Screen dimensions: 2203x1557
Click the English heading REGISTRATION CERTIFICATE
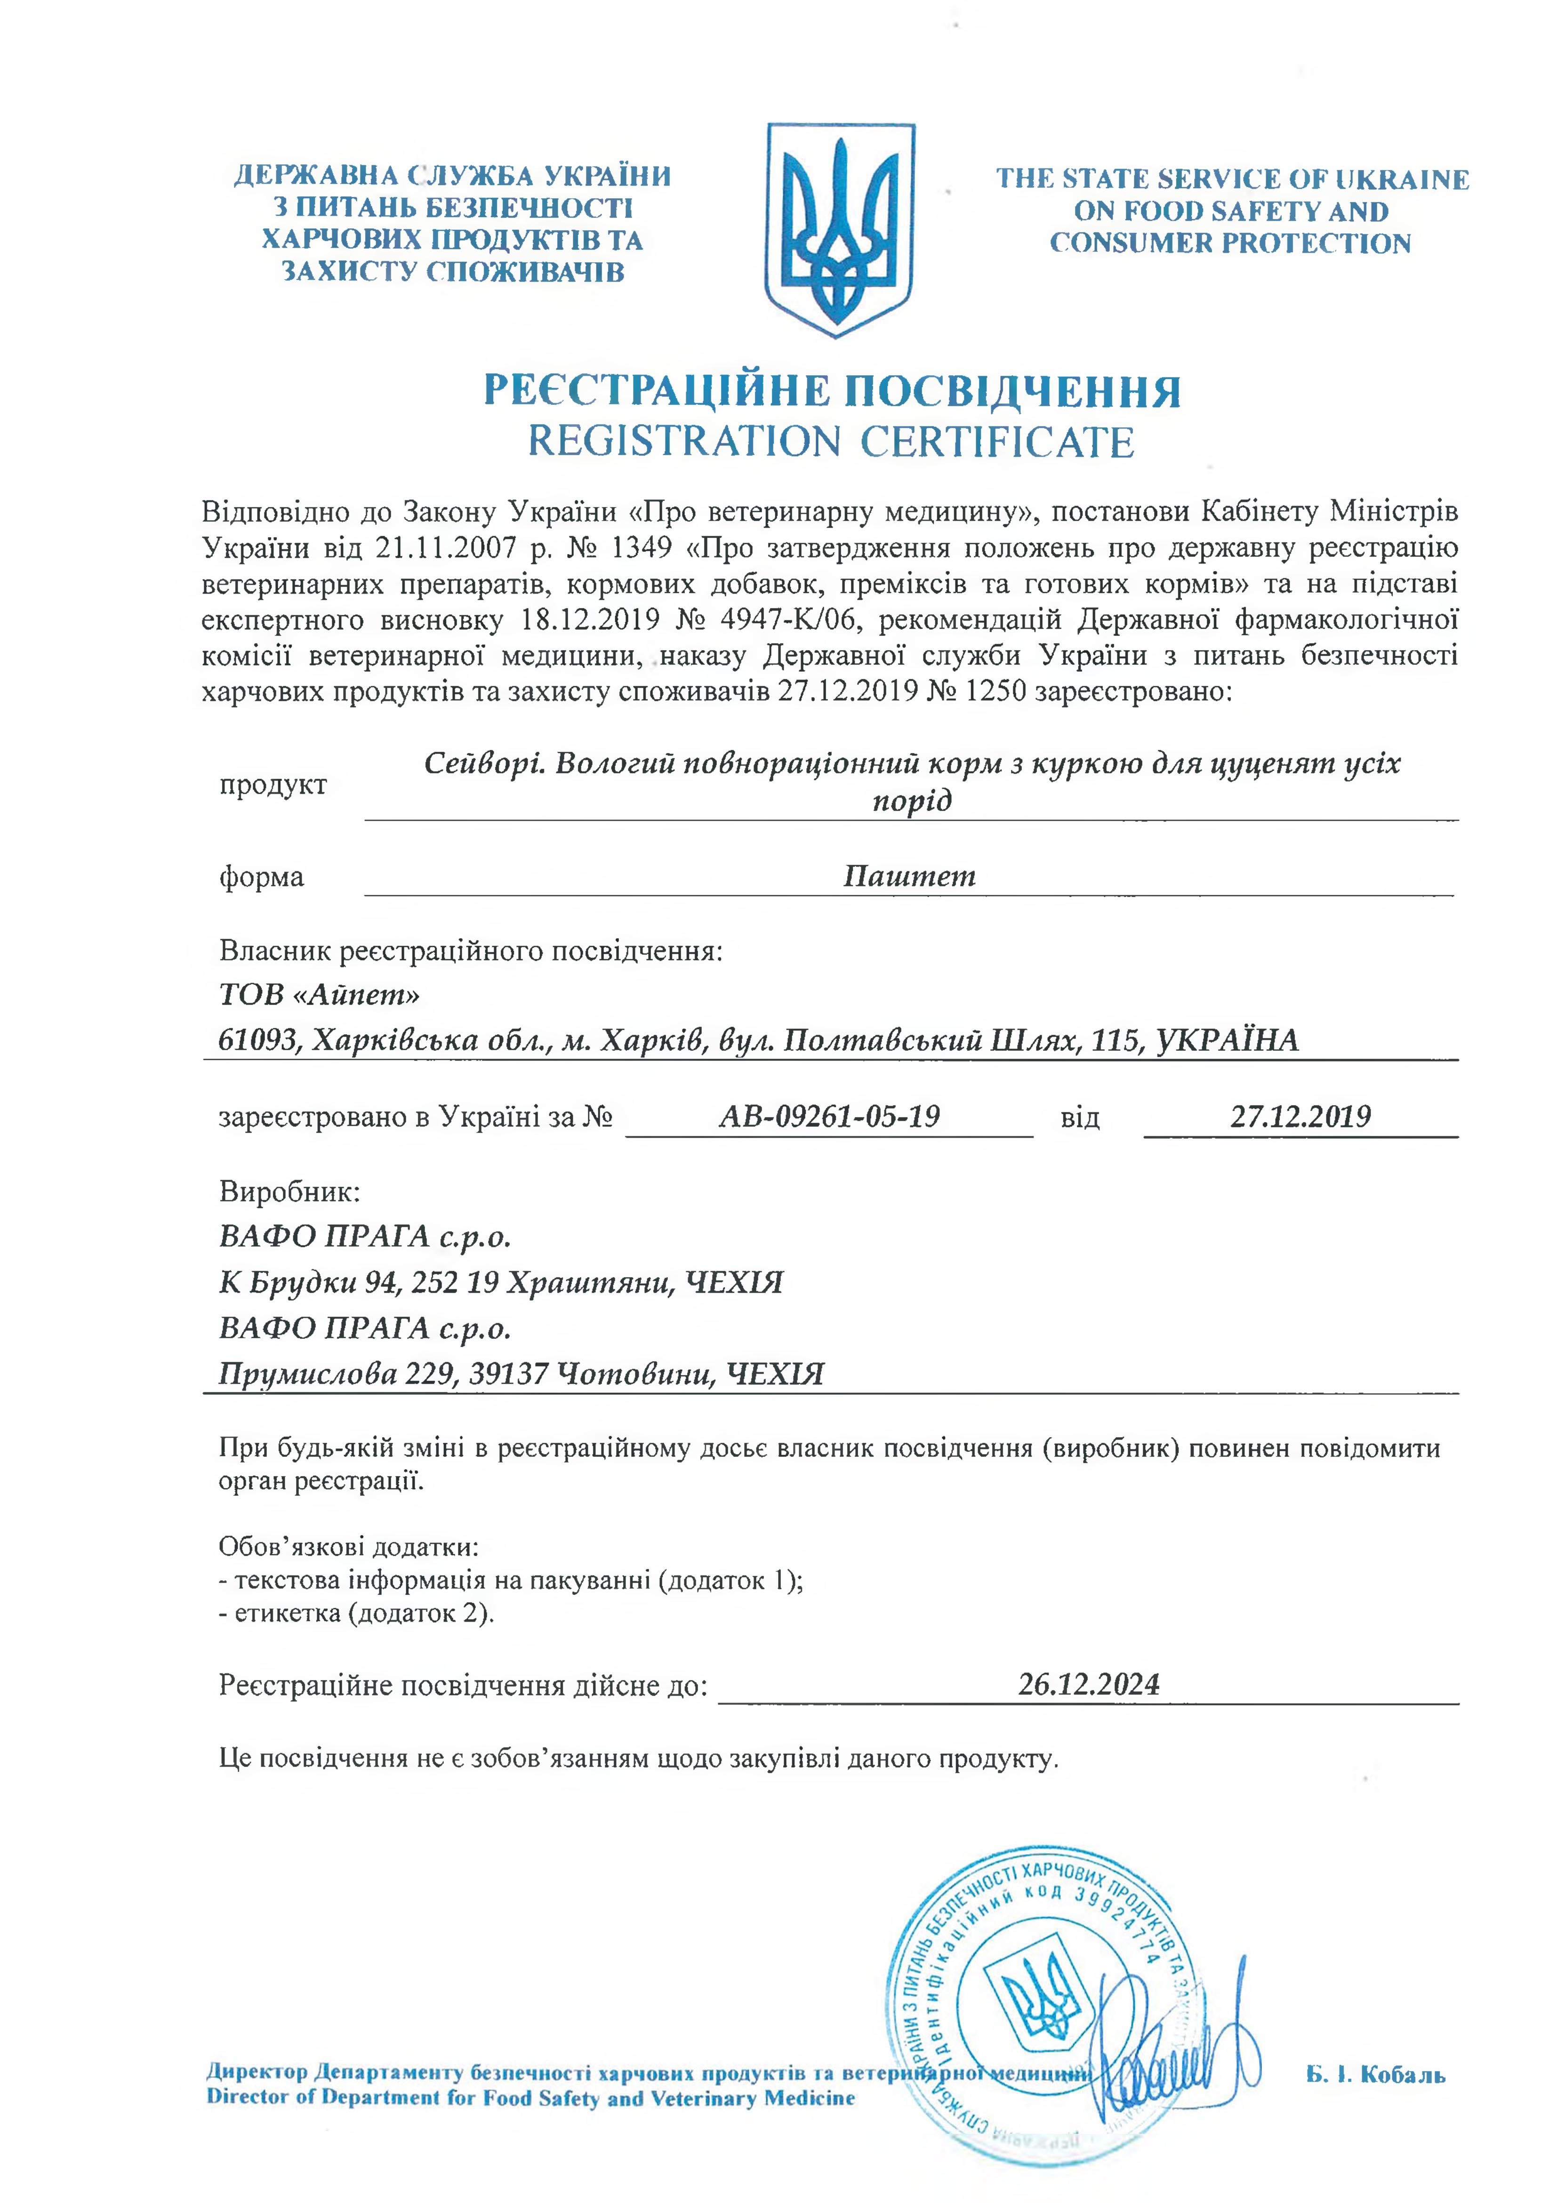coord(831,442)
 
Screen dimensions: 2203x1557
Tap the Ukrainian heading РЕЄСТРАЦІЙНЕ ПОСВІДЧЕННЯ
coord(831,391)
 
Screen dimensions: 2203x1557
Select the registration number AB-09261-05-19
coord(829,1116)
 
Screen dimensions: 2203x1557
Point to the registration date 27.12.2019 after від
coord(1300,1116)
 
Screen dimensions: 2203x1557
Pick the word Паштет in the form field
coord(908,876)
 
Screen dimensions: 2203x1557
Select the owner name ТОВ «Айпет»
coord(320,994)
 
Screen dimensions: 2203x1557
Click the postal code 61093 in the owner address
coord(256,1040)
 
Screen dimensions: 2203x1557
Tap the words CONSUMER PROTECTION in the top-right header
coord(1230,243)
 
